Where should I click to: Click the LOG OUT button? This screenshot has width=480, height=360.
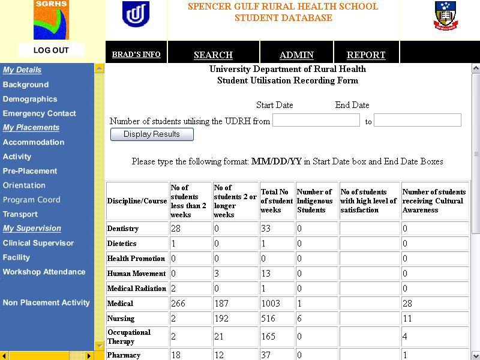[x=51, y=50]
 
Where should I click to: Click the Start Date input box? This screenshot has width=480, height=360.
[x=316, y=121]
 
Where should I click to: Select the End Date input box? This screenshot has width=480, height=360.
[x=417, y=121]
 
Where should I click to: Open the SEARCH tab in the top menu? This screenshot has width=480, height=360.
[x=213, y=55]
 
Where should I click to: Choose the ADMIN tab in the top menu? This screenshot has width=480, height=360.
[x=296, y=55]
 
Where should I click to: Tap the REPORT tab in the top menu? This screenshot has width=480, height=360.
[x=366, y=55]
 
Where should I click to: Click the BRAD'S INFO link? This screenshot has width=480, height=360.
[x=136, y=55]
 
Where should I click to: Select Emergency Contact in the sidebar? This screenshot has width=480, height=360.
[x=39, y=113]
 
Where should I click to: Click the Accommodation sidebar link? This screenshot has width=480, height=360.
[x=33, y=142]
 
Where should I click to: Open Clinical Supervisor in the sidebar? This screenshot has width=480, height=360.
[x=38, y=243]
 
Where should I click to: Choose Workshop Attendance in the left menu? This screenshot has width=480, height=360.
[x=44, y=272]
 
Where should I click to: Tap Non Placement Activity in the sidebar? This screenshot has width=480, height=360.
[x=46, y=303]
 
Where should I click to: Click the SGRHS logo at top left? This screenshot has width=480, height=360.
[x=51, y=20]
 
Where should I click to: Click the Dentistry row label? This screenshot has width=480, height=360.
[x=123, y=229]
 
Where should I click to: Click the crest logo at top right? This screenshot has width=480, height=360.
[x=445, y=16]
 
